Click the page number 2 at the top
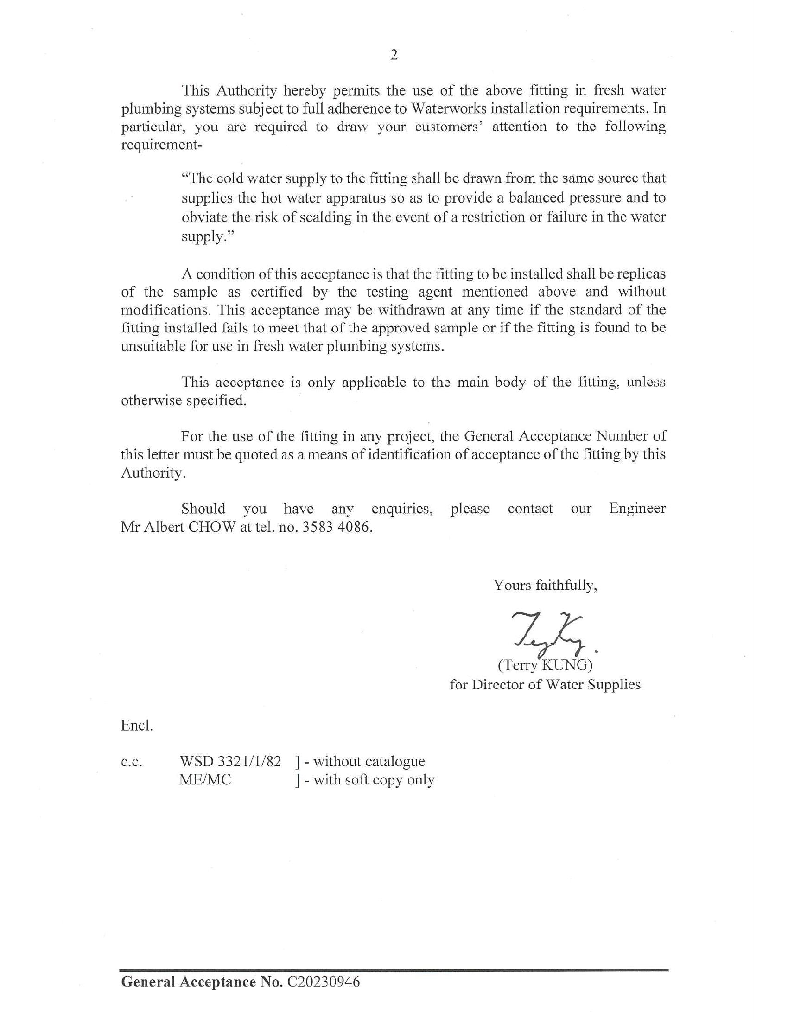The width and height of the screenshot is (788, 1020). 394,55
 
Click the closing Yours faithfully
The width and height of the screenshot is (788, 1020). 545,585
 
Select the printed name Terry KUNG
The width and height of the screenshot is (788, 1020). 545,664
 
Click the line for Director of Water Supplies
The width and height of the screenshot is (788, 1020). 545,685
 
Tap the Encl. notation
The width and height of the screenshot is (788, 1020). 136,726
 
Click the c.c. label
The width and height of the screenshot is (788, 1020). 131,762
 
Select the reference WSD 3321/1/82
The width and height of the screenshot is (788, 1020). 230,761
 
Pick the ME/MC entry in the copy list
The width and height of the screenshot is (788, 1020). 205,780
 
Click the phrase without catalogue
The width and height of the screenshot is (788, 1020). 369,761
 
